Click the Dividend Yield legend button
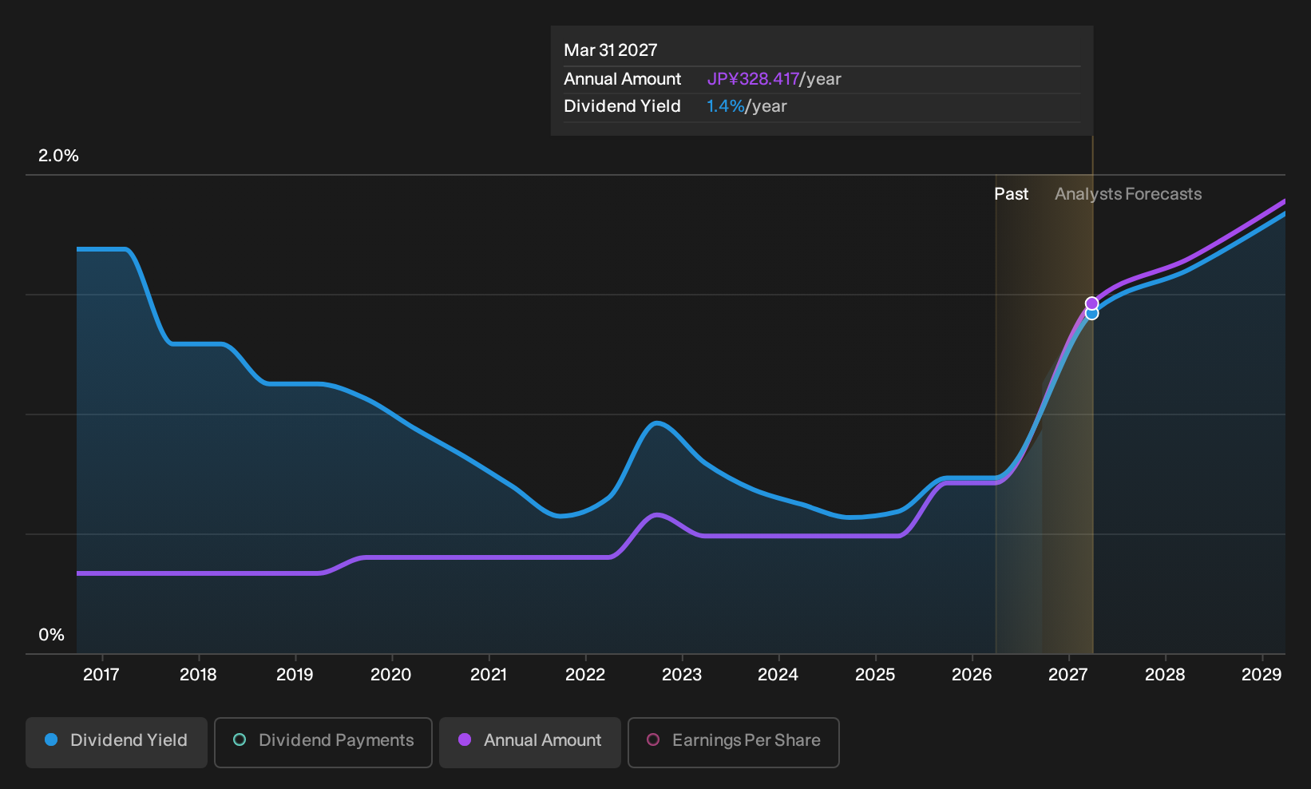tap(117, 742)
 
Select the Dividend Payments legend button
tap(323, 742)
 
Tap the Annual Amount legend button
tap(529, 742)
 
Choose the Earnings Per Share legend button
tap(733, 742)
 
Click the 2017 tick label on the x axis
tap(101, 675)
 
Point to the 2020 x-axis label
tap(391, 675)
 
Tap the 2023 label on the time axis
tap(682, 675)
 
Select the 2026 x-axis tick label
tap(972, 675)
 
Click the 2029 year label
tap(1261, 675)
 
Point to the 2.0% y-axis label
tap(58, 156)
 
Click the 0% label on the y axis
tap(52, 635)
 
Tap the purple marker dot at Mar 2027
tap(1091, 303)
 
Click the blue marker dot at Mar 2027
tap(1091, 315)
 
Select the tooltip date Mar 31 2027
tap(611, 50)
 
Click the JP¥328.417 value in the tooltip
tap(753, 79)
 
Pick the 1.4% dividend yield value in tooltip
tap(726, 106)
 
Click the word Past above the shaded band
tap(1012, 194)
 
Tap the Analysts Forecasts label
tap(1128, 194)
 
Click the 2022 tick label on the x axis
tap(585, 675)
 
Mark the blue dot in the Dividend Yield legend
tap(52, 739)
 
